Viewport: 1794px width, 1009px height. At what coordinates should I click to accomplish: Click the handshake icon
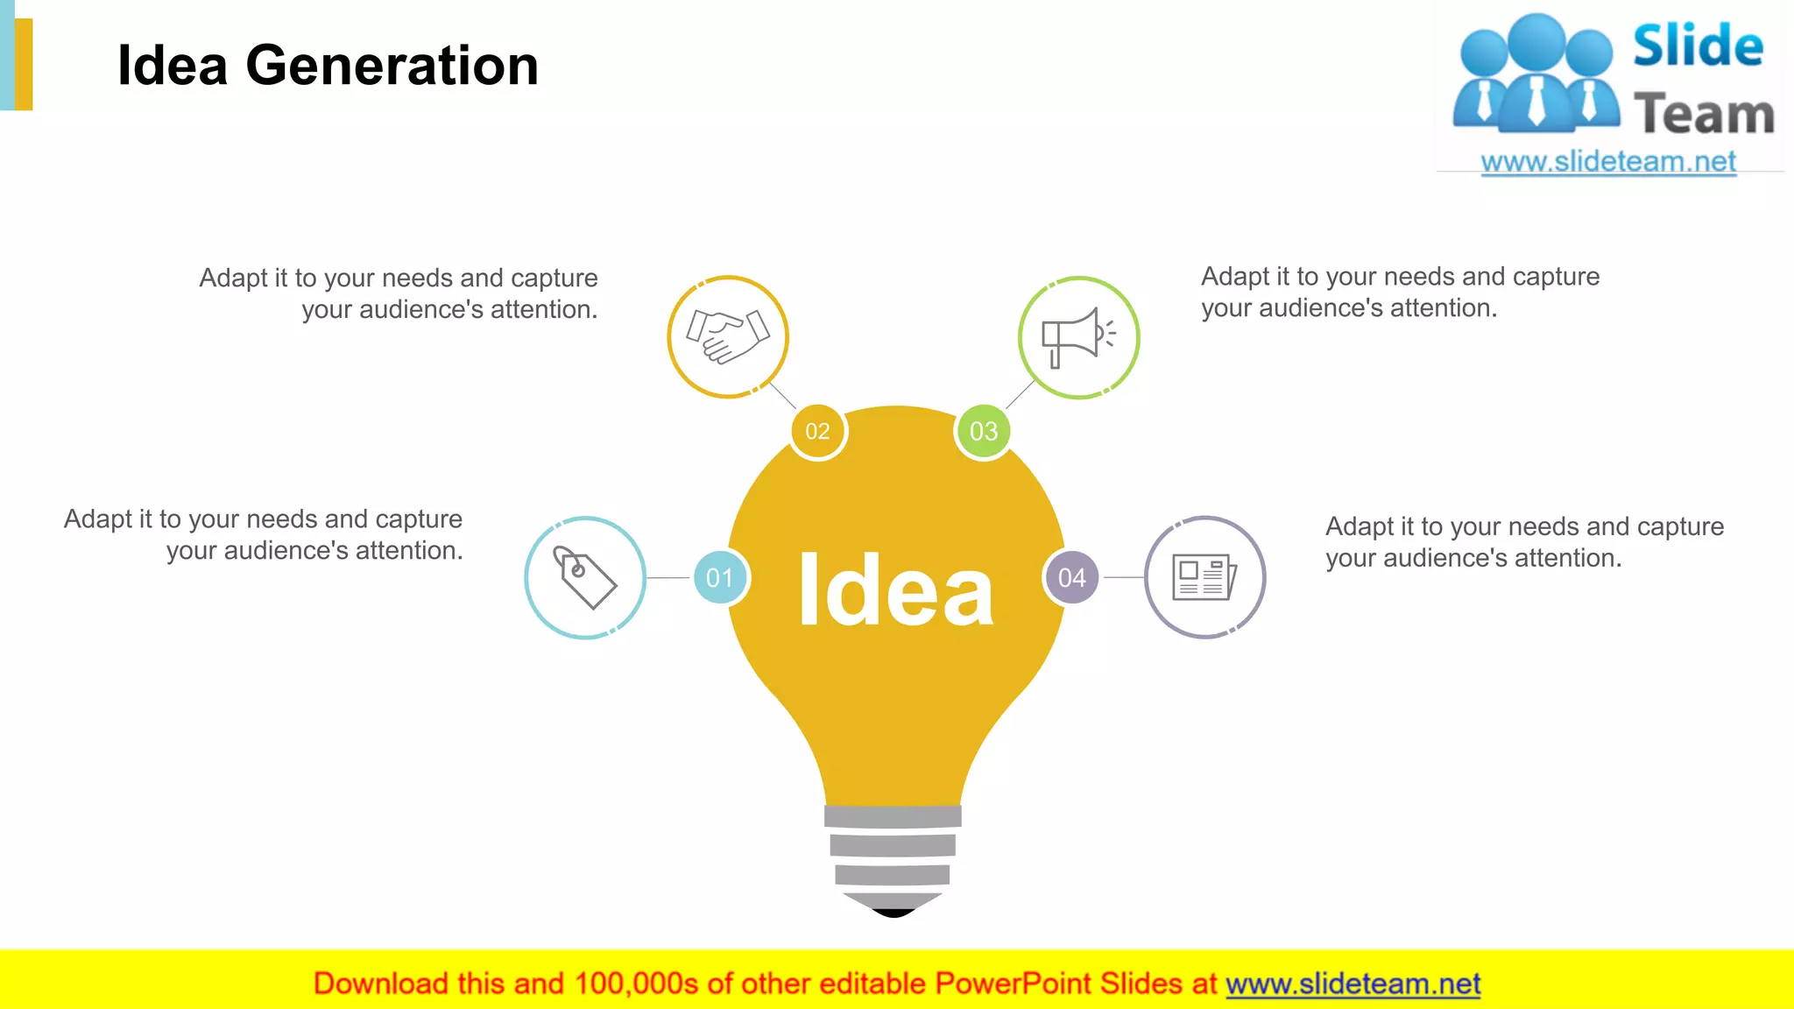(728, 337)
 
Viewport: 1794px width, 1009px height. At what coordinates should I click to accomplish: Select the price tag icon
(585, 577)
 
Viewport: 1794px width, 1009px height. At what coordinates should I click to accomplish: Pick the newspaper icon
(1204, 577)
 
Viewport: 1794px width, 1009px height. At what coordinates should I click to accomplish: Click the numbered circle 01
(720, 577)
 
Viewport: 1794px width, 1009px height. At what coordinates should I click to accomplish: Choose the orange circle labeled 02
(817, 431)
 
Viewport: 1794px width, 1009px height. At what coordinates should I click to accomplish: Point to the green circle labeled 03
(983, 431)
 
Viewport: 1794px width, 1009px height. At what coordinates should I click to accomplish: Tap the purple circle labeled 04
(1071, 577)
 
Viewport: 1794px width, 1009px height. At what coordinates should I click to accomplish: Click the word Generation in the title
(392, 66)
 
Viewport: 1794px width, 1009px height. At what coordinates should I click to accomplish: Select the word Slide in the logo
(1698, 46)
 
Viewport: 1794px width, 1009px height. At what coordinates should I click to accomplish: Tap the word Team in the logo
(1704, 115)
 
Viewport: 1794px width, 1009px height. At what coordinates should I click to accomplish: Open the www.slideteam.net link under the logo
(1608, 162)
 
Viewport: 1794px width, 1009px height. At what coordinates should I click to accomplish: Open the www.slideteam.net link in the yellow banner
(1353, 984)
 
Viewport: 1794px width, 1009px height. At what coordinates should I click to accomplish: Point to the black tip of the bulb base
(893, 913)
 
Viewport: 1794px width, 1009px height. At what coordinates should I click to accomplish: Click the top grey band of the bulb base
(893, 816)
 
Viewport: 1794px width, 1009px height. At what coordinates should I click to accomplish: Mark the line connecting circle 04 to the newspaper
(1122, 577)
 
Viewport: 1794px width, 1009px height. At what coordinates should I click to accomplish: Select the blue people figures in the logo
(1536, 74)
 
